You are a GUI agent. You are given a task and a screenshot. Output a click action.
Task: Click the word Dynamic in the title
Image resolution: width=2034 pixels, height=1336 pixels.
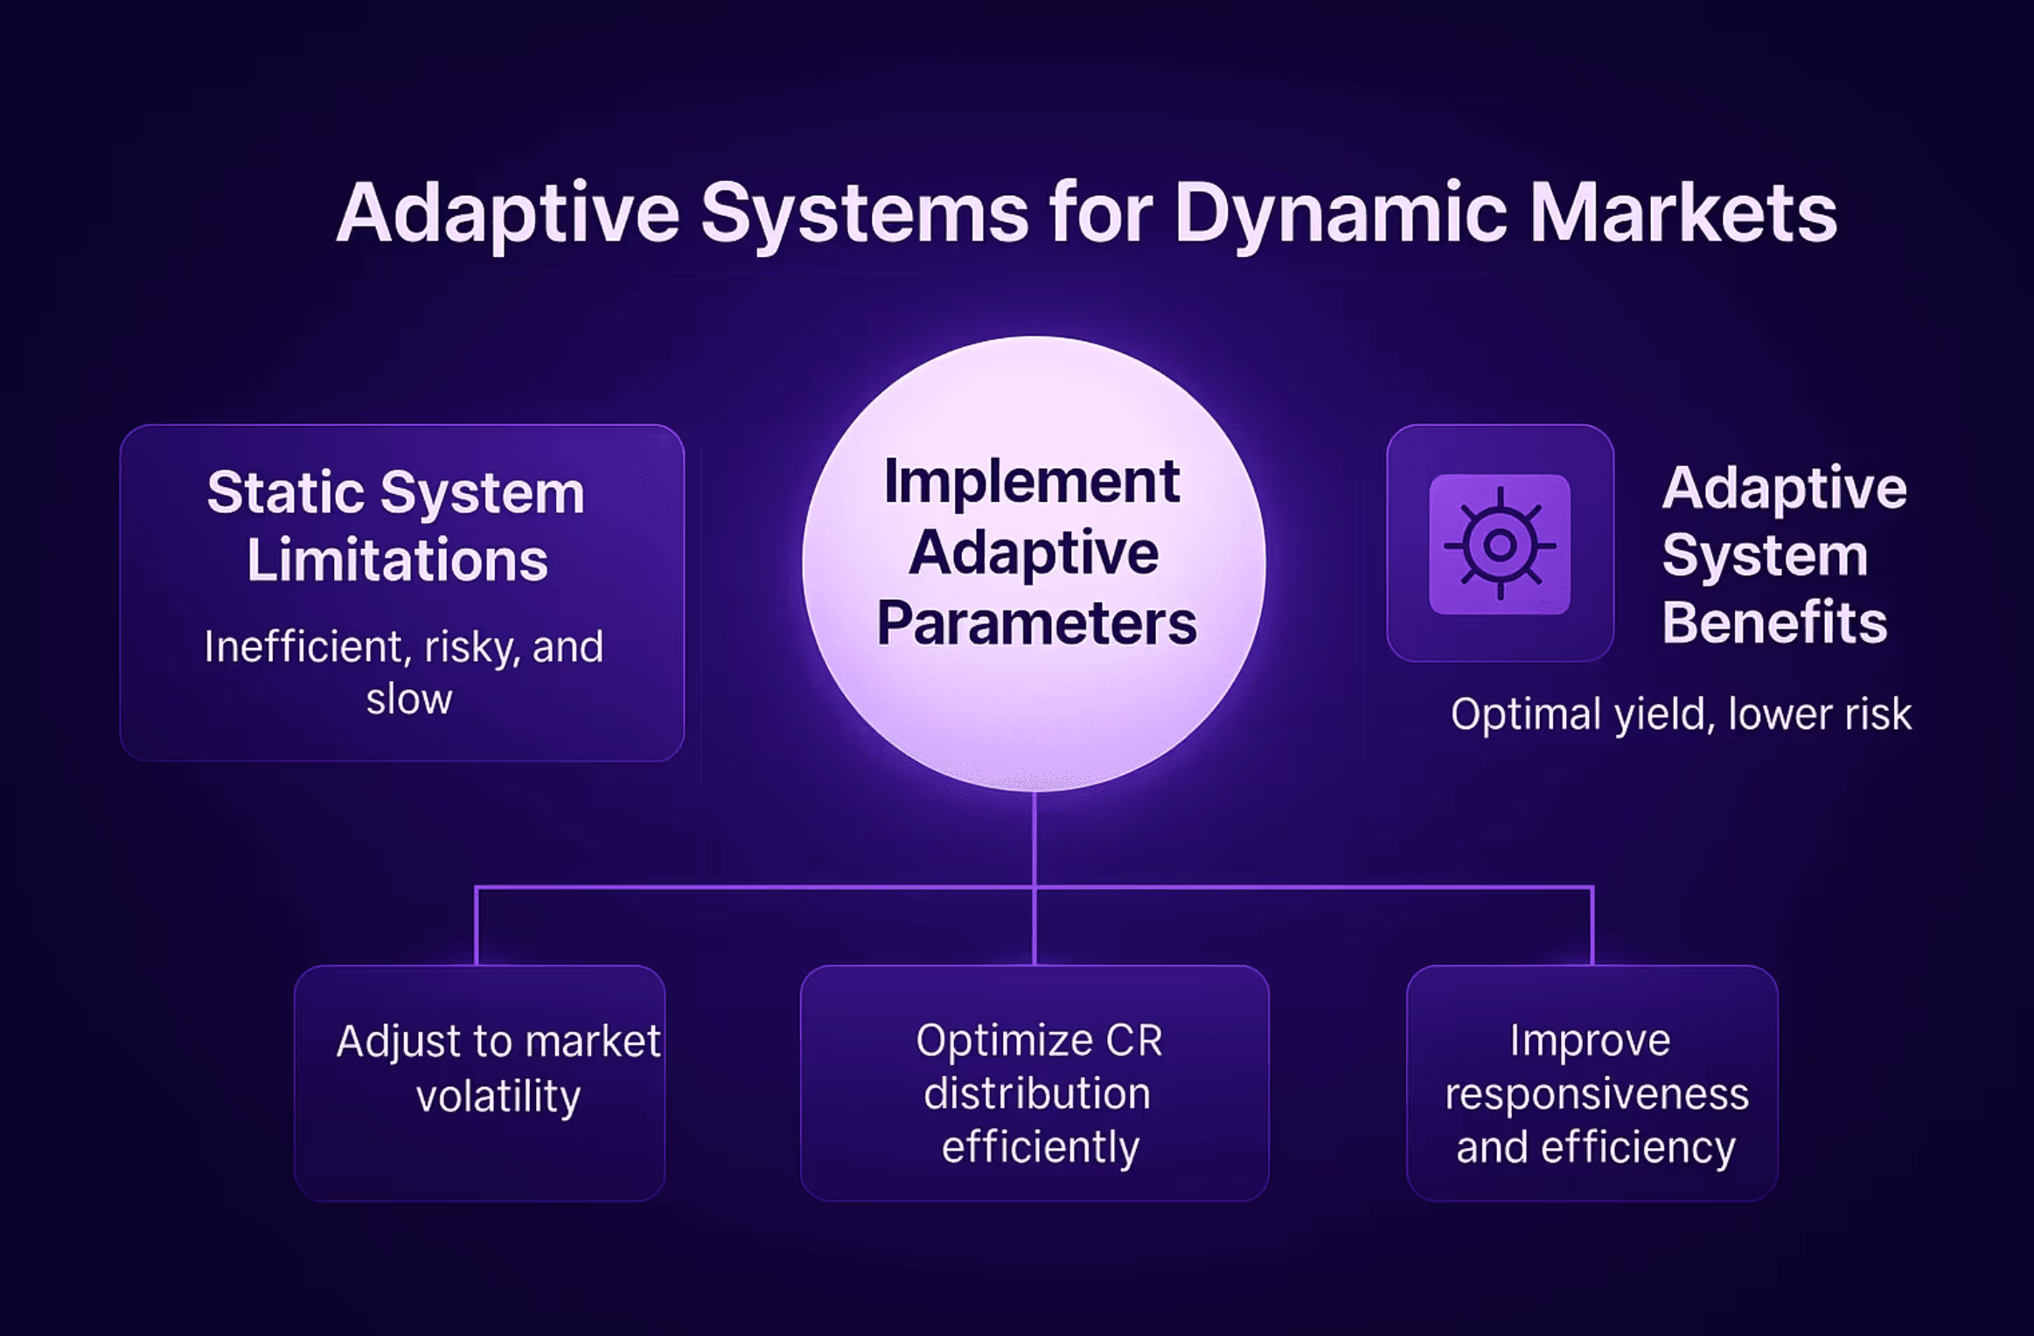1339,214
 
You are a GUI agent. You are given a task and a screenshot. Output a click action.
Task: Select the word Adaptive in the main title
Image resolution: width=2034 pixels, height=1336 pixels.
508,214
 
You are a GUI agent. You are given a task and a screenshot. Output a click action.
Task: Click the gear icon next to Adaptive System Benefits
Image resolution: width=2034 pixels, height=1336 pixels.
1499,544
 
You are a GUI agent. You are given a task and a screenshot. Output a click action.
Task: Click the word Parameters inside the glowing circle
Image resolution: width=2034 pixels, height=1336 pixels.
1036,623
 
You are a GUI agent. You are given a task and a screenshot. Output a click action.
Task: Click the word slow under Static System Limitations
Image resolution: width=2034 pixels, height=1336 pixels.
408,699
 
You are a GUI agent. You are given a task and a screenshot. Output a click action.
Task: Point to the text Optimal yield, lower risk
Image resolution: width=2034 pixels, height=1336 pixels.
1681,714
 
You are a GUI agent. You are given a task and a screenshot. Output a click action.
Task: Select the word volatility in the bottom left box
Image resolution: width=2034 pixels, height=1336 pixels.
498,1096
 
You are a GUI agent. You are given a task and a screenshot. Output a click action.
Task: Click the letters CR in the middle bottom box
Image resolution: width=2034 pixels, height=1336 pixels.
1134,1040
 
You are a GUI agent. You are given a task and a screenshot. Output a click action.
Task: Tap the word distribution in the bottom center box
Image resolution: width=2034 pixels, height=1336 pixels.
1036,1094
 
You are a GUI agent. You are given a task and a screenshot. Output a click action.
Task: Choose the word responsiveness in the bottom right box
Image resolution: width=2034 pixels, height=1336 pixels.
1596,1094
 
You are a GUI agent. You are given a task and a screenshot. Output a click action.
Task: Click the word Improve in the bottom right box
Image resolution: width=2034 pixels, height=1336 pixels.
1590,1040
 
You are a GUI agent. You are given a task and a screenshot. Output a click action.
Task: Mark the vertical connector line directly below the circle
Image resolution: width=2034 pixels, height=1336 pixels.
1034,839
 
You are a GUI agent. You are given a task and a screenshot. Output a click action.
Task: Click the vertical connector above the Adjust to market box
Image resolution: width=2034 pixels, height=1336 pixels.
477,927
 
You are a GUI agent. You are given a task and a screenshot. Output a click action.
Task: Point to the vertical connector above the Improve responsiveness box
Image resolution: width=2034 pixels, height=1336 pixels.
1592,927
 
